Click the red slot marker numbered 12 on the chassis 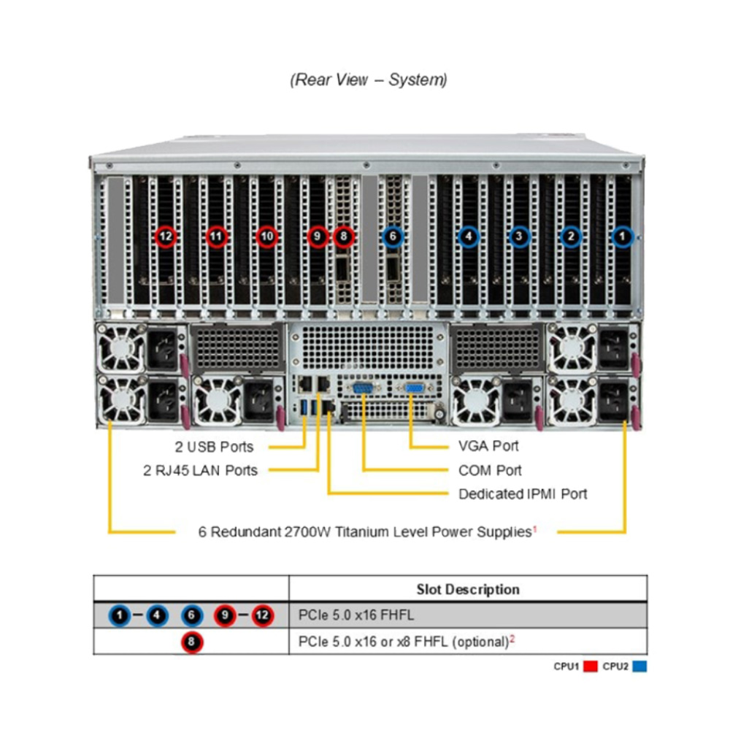[166, 237]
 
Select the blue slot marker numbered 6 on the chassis [393, 237]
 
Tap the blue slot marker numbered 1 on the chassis [622, 237]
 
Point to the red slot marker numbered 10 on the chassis [267, 237]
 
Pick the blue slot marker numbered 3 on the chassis [519, 237]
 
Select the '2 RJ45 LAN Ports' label [201, 471]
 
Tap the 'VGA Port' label [488, 446]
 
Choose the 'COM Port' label [490, 471]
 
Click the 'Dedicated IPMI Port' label [523, 494]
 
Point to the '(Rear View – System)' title [369, 80]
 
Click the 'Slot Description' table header [468, 589]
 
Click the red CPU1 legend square [591, 666]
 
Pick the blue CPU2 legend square [639, 666]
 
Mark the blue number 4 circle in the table [157, 616]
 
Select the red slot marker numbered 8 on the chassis [344, 237]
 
